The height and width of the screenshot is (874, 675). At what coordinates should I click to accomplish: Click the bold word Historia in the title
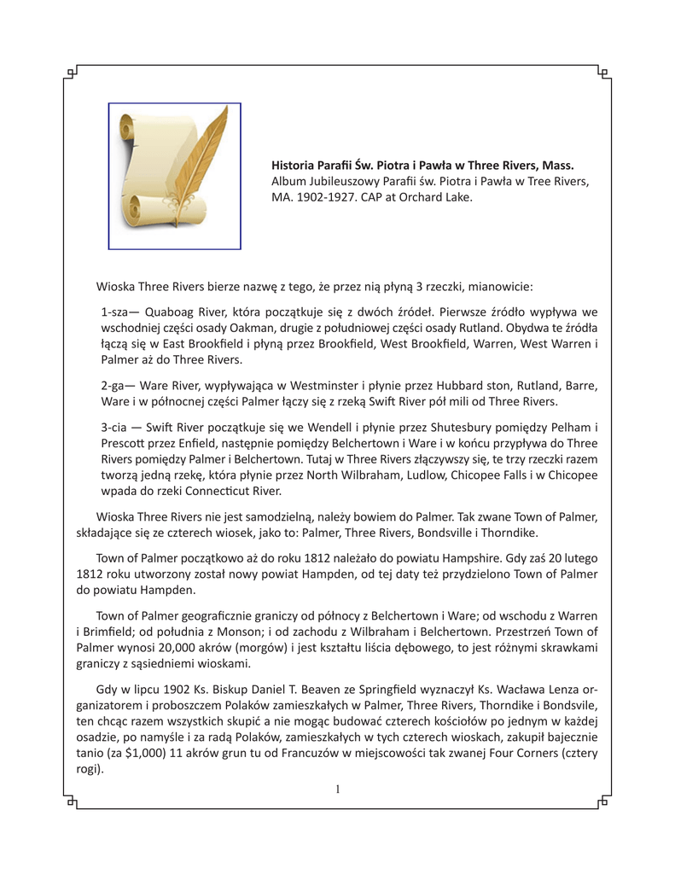point(295,165)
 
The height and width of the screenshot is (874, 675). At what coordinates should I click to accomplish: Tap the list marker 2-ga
point(117,385)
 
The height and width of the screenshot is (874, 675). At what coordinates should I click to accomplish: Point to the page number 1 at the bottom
point(337,790)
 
